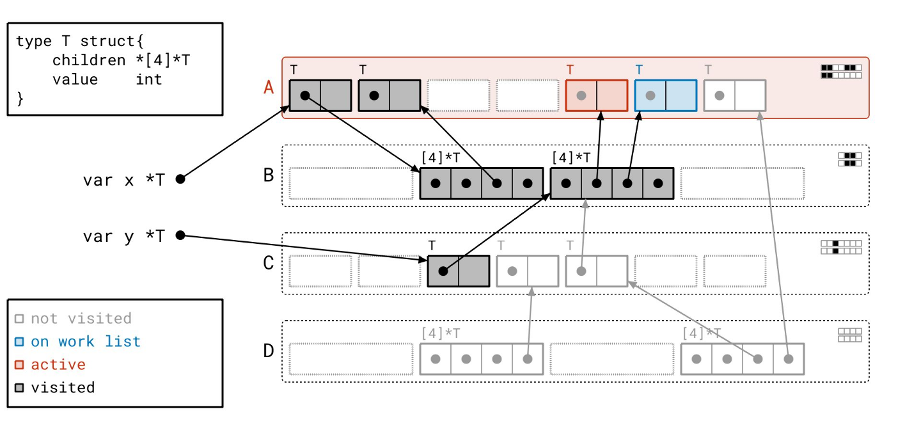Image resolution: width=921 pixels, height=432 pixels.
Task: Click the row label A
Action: (x=269, y=87)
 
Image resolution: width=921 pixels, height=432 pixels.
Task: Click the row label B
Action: (x=269, y=175)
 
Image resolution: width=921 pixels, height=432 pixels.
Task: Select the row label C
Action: (x=269, y=263)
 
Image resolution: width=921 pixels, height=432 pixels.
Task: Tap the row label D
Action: (x=269, y=351)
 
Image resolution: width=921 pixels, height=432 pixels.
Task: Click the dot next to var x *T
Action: (x=180, y=179)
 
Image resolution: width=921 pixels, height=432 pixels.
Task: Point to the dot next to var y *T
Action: (x=180, y=236)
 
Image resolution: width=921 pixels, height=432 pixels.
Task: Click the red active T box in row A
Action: (x=597, y=95)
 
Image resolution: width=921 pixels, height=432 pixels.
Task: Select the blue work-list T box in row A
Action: (x=666, y=95)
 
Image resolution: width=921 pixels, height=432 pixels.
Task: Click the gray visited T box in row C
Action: (x=459, y=271)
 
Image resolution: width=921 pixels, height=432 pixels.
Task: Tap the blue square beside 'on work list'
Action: (x=19, y=342)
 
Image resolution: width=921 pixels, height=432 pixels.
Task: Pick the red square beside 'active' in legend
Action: (x=19, y=365)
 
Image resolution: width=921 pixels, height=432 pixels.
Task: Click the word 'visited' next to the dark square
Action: (x=63, y=387)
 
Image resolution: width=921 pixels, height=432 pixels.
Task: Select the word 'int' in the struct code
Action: (x=149, y=79)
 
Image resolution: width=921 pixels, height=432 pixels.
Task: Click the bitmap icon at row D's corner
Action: (x=849, y=335)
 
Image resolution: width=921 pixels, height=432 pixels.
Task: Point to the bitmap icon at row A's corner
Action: (x=841, y=71)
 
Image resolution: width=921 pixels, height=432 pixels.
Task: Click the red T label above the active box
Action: (x=570, y=70)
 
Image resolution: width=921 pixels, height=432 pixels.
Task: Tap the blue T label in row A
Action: (x=639, y=70)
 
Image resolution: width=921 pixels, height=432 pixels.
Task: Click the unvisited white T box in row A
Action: (x=735, y=95)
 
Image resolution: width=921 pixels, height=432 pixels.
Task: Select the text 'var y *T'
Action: (x=123, y=236)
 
